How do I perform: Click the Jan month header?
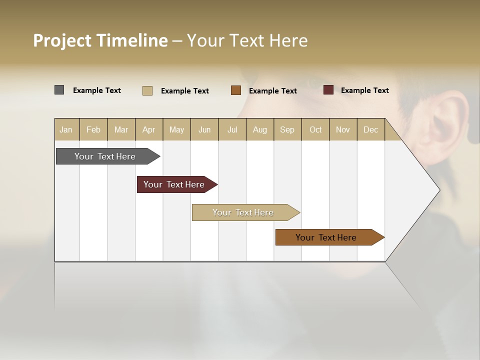tap(66, 129)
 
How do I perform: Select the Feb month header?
tap(93, 129)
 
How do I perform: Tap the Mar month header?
tap(121, 129)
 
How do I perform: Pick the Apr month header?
tap(149, 129)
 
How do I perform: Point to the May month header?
tap(176, 129)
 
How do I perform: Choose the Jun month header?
tap(204, 129)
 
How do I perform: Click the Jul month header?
tap(232, 129)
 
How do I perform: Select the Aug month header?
tap(260, 129)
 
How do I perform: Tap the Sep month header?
tap(287, 129)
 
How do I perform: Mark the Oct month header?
tap(315, 129)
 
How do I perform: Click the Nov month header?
tap(343, 129)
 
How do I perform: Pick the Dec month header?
tap(371, 129)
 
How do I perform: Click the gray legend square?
tap(59, 90)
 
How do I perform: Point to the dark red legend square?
tap(328, 90)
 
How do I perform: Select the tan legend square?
tap(147, 90)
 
